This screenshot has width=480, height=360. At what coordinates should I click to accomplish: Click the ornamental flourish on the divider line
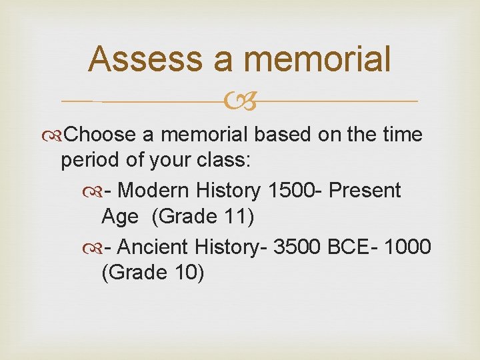240,102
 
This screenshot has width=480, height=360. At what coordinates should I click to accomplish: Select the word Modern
154,191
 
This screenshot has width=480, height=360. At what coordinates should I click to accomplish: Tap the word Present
365,191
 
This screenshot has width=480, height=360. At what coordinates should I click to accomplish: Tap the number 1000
409,247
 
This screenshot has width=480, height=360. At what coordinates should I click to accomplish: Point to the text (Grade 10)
153,273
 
